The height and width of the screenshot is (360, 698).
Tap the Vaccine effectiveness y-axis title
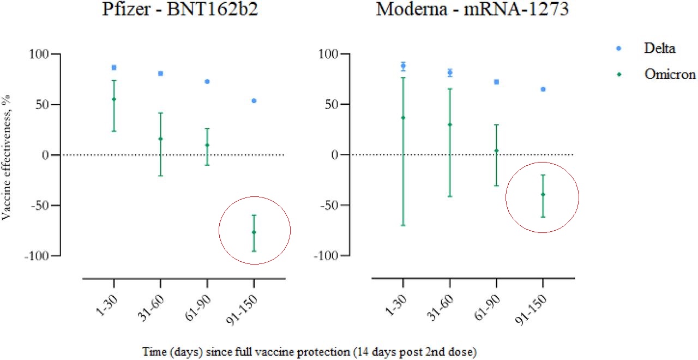7,155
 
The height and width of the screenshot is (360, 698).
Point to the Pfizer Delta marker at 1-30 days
114,68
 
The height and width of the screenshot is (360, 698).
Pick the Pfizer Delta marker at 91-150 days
254,101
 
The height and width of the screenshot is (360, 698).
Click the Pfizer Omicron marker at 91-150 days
254,232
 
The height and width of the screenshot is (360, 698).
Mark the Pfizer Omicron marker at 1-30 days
114,99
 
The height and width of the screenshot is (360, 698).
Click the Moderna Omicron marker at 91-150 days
543,195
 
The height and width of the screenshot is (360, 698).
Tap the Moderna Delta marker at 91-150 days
543,89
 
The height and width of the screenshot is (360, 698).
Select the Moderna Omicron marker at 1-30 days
403,118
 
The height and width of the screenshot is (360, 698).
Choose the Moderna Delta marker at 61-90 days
496,82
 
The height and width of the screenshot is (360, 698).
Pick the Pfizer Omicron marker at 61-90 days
207,145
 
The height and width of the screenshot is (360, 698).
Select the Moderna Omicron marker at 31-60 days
450,125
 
